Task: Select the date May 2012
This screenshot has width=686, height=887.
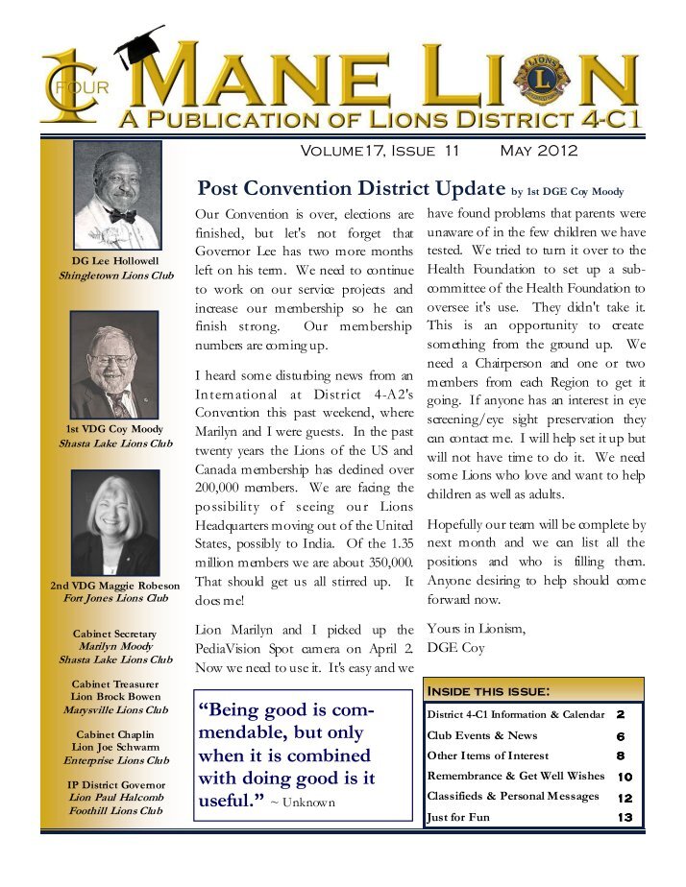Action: click(539, 151)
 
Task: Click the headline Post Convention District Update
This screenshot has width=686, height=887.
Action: click(351, 187)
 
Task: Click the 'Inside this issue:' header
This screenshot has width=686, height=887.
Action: click(487, 691)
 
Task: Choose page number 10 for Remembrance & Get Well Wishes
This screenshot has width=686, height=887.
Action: click(625, 777)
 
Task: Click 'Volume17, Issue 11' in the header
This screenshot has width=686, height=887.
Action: click(380, 151)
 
